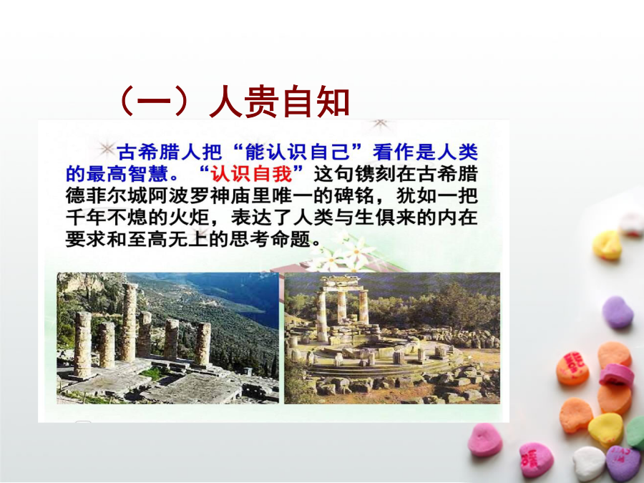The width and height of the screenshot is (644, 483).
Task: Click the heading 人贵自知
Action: tap(279, 102)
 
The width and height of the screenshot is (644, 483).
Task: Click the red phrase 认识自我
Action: tap(251, 174)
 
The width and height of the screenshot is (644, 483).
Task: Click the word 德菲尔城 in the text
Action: tap(107, 196)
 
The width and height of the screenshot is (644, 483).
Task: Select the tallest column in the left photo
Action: tap(129, 323)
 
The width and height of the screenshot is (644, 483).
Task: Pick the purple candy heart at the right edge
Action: tap(618, 312)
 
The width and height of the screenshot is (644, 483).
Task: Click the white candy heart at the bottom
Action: tap(589, 464)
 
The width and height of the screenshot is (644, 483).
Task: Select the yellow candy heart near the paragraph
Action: tap(608, 245)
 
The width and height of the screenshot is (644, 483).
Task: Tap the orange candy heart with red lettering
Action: tap(572, 369)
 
